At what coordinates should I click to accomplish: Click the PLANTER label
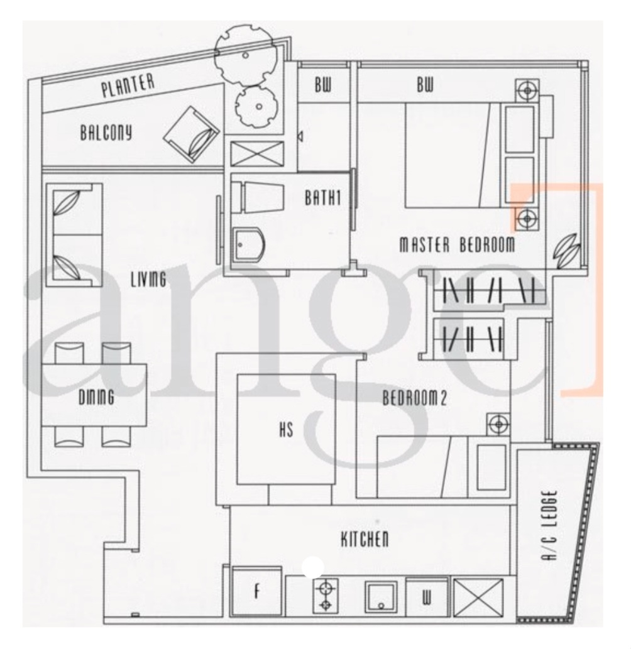[128, 85]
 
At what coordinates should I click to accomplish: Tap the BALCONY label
[106, 133]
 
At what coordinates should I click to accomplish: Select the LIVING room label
[149, 279]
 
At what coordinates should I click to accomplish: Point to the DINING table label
[96, 397]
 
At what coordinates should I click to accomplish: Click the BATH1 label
[323, 197]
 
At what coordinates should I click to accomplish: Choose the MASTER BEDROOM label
[457, 244]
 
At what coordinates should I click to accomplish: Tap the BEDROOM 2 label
[414, 398]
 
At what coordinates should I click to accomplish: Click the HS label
[286, 429]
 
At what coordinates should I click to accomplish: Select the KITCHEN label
[365, 539]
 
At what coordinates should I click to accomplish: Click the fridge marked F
[257, 590]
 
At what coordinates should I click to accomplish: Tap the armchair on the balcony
[191, 135]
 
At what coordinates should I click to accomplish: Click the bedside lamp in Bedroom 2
[498, 425]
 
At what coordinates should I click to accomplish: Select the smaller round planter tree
[256, 106]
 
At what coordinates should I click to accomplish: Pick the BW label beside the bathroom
[323, 85]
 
